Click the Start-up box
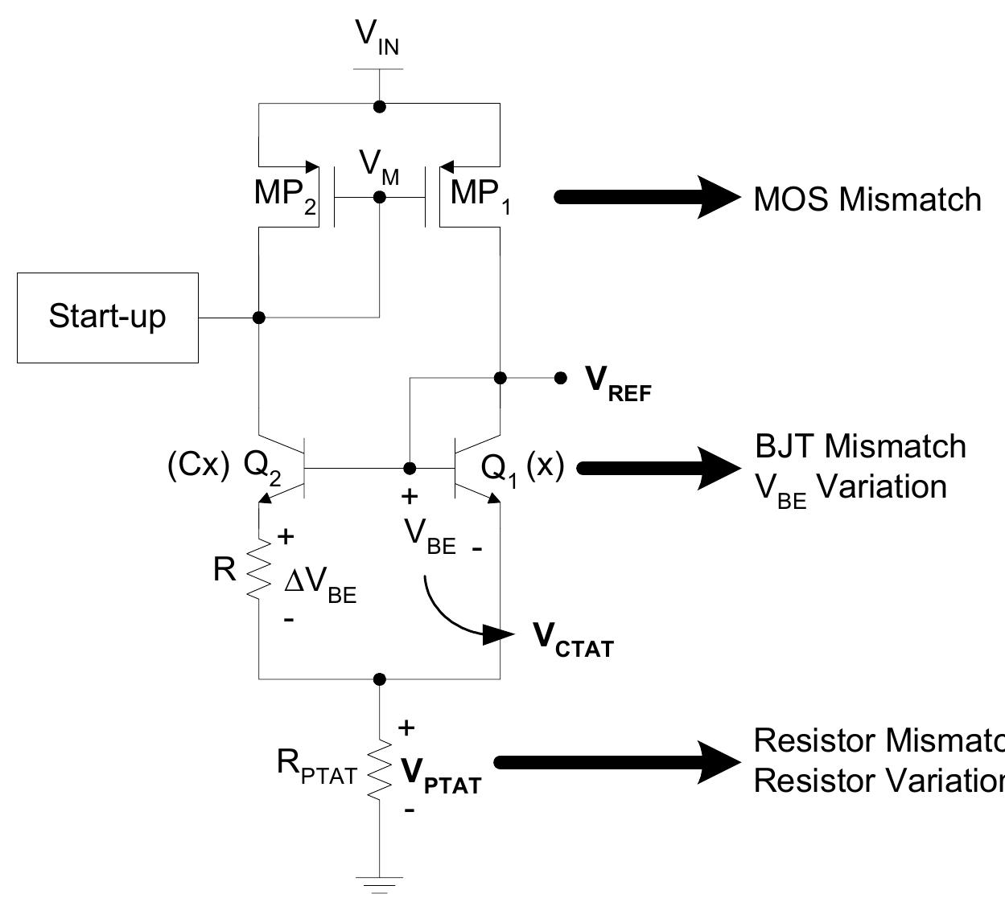click(108, 318)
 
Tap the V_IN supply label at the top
click(377, 37)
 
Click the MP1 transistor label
click(481, 195)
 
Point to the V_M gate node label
click(379, 166)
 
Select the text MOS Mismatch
click(867, 199)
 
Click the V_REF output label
click(617, 381)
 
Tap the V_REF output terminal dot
click(560, 378)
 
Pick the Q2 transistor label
click(262, 468)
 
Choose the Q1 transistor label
click(500, 469)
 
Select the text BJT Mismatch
click(860, 446)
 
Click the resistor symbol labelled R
click(258, 568)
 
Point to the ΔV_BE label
click(320, 585)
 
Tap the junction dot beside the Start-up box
click(258, 318)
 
